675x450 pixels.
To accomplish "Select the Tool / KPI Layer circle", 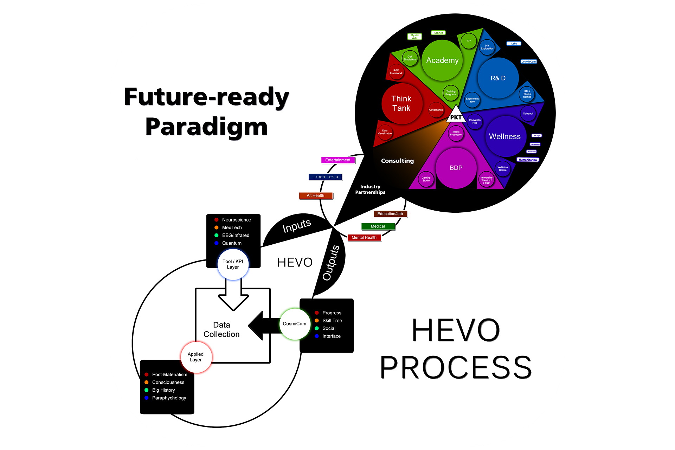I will (x=233, y=264).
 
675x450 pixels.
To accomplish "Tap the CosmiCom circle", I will (x=295, y=324).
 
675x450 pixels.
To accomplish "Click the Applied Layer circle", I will (x=196, y=357).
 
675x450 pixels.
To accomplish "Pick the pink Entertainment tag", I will (x=338, y=160).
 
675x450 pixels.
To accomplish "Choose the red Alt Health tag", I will (x=315, y=195).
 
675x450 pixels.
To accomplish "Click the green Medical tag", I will (x=378, y=226).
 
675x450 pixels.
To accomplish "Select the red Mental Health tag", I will (x=364, y=238).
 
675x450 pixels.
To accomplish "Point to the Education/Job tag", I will (x=390, y=214).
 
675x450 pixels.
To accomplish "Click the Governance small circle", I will (x=436, y=110).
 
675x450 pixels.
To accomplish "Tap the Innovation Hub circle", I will (x=475, y=122).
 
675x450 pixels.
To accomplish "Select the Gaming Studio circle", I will (x=426, y=179).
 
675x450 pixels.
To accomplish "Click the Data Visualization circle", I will (x=385, y=132).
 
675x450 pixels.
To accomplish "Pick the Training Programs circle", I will (x=451, y=93).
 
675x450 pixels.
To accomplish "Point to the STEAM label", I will (x=438, y=33).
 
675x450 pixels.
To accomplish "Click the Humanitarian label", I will (x=528, y=160).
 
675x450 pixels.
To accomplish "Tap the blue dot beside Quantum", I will (x=217, y=243).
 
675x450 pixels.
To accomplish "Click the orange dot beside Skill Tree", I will (x=317, y=321).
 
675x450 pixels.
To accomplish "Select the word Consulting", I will (x=397, y=161).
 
